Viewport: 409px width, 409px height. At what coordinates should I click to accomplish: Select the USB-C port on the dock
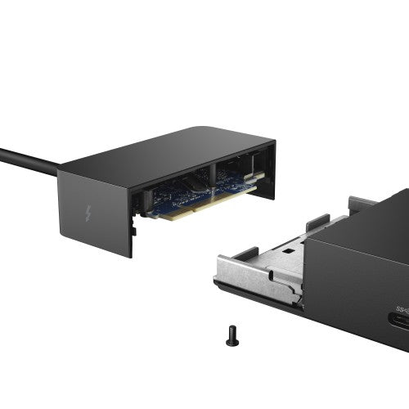[402, 321]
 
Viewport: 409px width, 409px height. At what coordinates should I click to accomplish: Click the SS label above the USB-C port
[402, 308]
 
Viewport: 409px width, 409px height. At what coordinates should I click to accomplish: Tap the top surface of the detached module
[164, 151]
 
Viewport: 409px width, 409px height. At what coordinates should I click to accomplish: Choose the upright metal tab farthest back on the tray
[360, 202]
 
